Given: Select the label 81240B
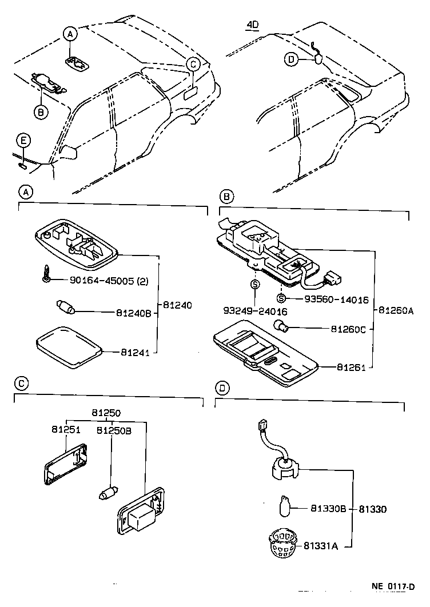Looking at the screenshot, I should pos(134,313).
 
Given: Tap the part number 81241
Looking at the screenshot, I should pos(135,353).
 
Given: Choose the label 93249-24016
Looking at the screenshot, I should pos(255,312).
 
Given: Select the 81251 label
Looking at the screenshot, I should pos(64,429).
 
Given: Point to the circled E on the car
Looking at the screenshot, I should pos(22,141).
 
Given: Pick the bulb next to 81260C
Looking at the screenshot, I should pos(281,327).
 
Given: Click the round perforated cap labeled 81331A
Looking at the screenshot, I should pos(281,544).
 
